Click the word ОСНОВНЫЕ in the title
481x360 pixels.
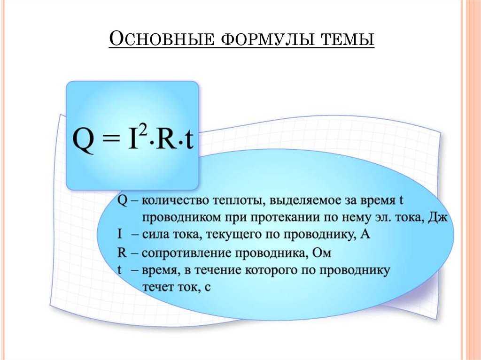pyautogui.click(x=162, y=39)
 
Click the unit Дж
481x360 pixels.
pyautogui.click(x=438, y=218)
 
